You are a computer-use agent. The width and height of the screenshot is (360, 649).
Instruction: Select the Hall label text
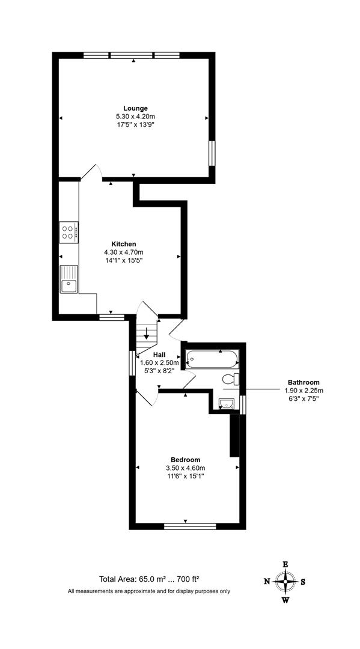(x=151, y=355)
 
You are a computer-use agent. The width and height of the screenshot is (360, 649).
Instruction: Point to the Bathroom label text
(x=303, y=382)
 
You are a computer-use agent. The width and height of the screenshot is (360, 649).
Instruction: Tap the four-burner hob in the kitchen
(x=69, y=232)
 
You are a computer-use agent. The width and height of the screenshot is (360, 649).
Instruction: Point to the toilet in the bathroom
(x=231, y=379)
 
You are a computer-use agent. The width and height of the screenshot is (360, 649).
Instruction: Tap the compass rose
(x=285, y=581)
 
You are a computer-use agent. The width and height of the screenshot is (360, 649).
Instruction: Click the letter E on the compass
(x=285, y=564)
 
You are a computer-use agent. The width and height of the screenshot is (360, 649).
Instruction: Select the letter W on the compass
(x=285, y=600)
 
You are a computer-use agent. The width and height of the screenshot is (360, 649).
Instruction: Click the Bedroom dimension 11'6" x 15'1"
(x=185, y=477)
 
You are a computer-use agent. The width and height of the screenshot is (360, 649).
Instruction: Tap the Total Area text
(x=149, y=579)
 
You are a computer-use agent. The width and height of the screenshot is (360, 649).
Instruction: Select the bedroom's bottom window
(x=190, y=526)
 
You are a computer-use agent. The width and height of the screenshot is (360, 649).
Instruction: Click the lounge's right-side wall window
(x=212, y=153)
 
